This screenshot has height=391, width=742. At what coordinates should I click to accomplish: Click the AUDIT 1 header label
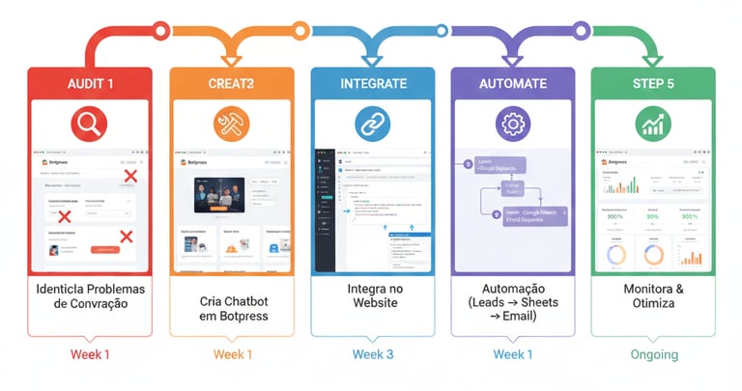pos(90,84)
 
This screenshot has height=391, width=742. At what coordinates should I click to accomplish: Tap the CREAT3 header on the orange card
pos(231,84)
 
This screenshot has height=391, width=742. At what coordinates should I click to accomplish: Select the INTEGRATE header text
pos(372,84)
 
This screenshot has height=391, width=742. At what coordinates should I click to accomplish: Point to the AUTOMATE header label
pos(513,84)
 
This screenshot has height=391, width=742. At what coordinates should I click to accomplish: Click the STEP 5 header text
pos(653,84)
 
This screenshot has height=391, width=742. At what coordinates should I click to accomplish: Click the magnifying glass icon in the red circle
pos(90,123)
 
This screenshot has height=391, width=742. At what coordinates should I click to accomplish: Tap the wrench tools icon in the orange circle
pos(231,123)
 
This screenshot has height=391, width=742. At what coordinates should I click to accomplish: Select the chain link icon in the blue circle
pos(372,123)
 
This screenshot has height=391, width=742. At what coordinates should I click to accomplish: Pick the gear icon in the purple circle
pos(513,123)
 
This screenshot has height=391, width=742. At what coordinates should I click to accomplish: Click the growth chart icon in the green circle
pos(653,123)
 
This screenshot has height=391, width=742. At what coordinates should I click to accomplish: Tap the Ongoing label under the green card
pos(653,354)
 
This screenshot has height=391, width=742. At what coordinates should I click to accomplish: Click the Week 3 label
pos(372,354)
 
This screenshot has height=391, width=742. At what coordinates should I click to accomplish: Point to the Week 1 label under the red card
pos(90,354)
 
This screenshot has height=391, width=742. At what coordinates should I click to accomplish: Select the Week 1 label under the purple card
pos(513,354)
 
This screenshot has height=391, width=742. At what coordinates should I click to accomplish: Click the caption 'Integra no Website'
pos(372,297)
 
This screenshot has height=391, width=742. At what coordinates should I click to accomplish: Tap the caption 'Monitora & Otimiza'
pos(653,297)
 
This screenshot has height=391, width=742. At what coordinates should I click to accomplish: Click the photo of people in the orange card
pos(221,197)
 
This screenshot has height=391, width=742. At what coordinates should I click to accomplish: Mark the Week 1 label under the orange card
pos(231,354)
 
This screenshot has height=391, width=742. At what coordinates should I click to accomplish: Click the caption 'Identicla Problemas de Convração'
pos(90,297)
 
